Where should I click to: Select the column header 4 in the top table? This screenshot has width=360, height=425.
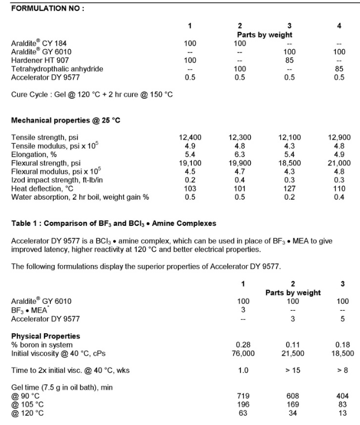(x=339, y=26)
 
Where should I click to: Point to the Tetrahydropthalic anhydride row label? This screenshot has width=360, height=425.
(x=57, y=69)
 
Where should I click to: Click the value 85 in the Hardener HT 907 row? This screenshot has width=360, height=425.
(x=290, y=60)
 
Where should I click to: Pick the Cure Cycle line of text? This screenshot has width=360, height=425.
(x=92, y=94)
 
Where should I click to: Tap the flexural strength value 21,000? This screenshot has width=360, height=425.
(x=339, y=163)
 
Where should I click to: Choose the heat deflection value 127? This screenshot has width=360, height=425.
(x=290, y=189)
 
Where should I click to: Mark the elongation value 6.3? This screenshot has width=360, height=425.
(x=240, y=154)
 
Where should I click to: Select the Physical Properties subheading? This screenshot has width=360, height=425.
(x=46, y=335)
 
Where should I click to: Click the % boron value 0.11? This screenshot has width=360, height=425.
(x=293, y=344)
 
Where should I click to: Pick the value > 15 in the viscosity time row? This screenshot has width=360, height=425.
(x=293, y=370)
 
